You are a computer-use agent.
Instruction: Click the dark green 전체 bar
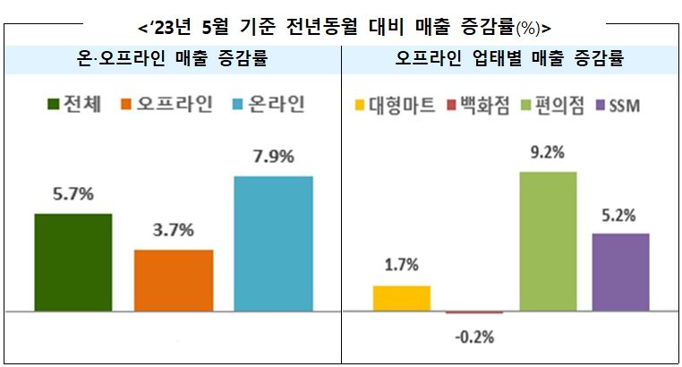click(72, 262)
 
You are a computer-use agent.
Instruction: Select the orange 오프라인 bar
click(174, 280)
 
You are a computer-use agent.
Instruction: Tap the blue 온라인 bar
click(273, 243)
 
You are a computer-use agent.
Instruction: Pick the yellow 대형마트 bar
click(401, 298)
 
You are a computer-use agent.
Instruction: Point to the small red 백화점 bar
click(474, 312)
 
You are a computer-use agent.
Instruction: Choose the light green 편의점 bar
click(548, 241)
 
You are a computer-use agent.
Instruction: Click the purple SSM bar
click(620, 272)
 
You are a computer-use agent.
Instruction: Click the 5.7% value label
click(72, 193)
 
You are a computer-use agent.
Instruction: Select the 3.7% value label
click(174, 230)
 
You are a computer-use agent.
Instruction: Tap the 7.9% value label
click(273, 157)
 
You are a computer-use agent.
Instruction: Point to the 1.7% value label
click(401, 266)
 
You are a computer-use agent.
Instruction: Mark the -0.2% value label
click(474, 337)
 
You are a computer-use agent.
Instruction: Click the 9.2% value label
click(548, 152)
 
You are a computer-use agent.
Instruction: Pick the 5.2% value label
click(620, 215)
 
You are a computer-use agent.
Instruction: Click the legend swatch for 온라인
click(239, 105)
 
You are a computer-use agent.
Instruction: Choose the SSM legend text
click(625, 107)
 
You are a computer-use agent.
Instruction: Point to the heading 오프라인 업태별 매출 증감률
click(509, 60)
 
